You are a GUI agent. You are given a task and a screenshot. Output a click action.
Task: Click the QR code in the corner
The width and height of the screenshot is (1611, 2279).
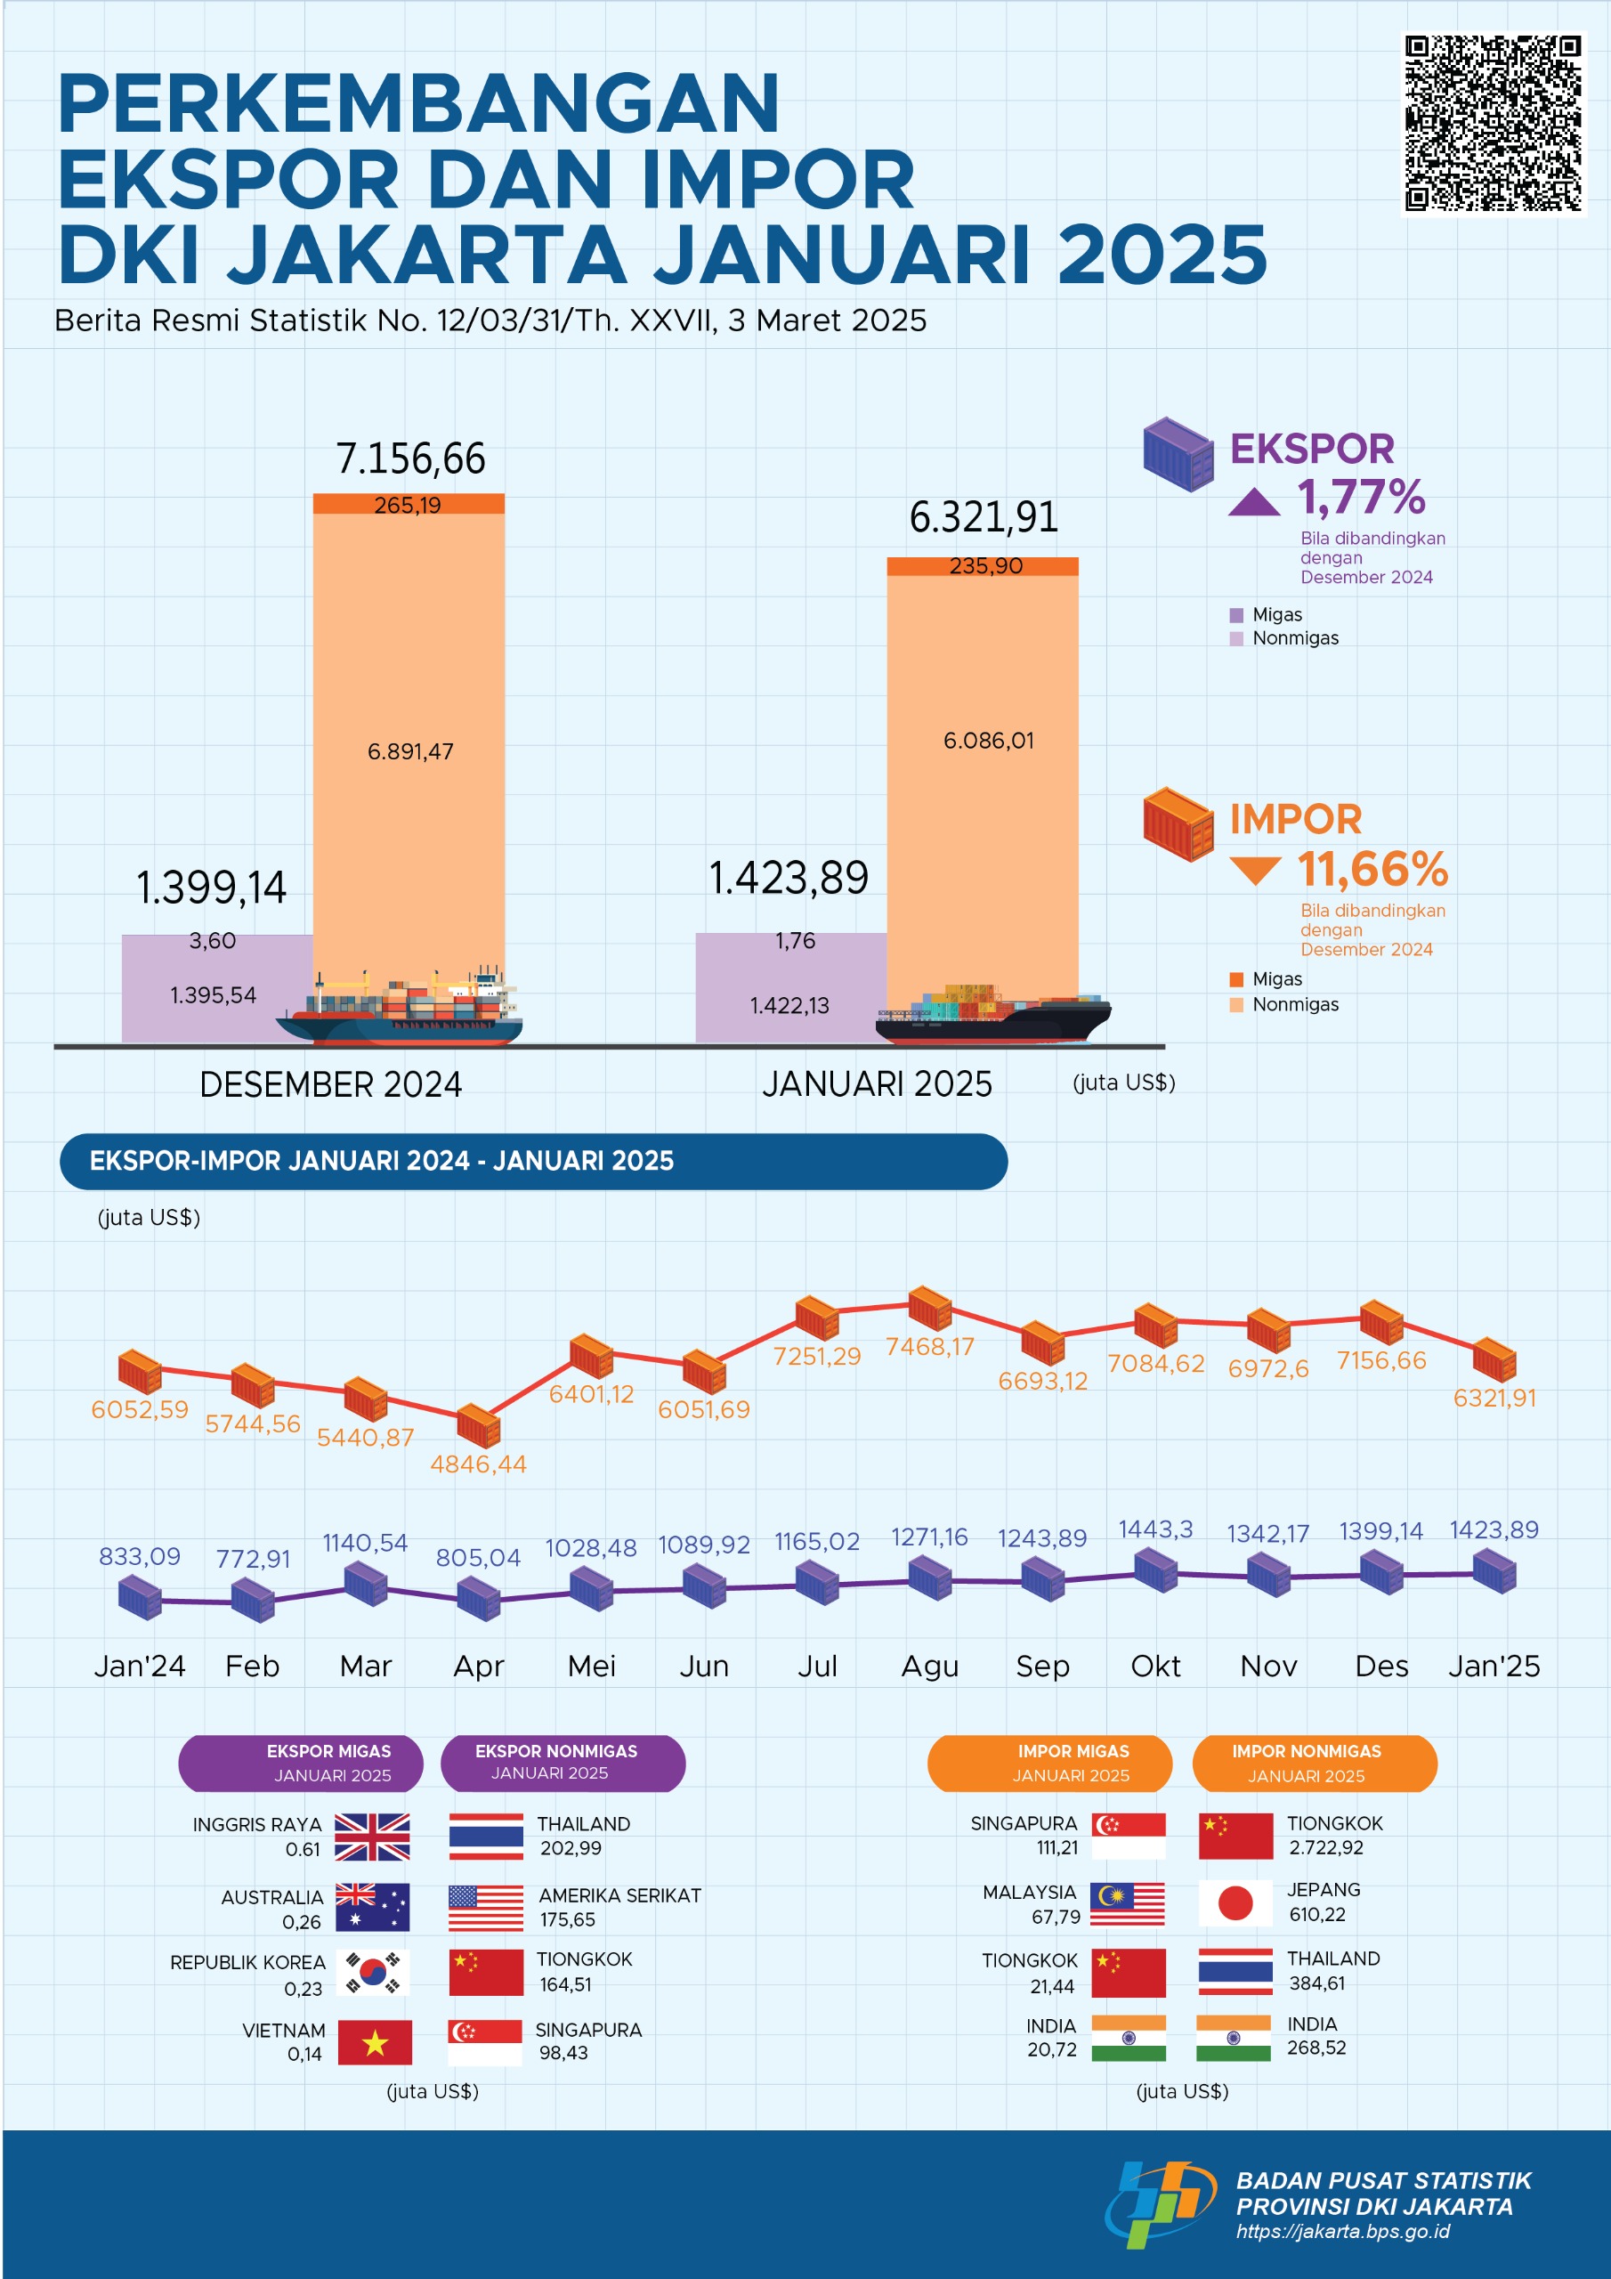[1493, 124]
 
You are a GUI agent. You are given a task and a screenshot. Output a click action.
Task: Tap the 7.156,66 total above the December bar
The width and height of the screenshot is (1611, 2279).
[410, 458]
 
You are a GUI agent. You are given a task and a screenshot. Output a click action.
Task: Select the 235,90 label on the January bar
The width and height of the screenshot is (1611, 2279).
[984, 566]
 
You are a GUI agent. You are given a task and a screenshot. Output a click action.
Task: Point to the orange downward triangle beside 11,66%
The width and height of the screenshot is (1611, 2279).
[1255, 870]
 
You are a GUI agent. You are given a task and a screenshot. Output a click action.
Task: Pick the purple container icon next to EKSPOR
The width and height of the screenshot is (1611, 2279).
[1178, 454]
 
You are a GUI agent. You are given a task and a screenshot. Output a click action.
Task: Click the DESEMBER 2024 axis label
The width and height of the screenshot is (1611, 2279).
[330, 1084]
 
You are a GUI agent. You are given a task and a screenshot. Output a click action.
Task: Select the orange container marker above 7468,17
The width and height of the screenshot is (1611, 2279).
[930, 1309]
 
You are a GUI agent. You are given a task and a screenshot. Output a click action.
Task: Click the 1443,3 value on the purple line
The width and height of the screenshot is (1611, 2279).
[1155, 1529]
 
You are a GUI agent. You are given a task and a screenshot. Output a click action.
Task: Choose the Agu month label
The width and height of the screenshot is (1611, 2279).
[929, 1666]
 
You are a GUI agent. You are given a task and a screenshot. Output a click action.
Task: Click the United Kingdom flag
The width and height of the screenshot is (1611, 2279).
[372, 1837]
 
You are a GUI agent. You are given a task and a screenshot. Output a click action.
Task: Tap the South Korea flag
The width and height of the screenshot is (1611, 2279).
[372, 1972]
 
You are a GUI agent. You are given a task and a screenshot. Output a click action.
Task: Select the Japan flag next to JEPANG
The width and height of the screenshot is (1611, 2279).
[1235, 1902]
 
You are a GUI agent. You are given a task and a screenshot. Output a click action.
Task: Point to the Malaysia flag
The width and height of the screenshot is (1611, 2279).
[1128, 1902]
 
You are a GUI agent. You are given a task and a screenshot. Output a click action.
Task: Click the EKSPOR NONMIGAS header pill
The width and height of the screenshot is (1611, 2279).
[562, 1763]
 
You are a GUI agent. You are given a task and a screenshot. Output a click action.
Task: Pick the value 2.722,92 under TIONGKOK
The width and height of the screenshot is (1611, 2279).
[1325, 1847]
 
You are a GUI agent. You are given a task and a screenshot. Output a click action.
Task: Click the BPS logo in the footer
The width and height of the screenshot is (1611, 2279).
[1158, 2203]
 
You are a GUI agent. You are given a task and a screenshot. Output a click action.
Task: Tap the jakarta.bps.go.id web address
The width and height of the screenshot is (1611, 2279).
[1342, 2231]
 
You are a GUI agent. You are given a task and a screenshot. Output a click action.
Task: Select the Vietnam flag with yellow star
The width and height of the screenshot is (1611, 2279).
[374, 2042]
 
